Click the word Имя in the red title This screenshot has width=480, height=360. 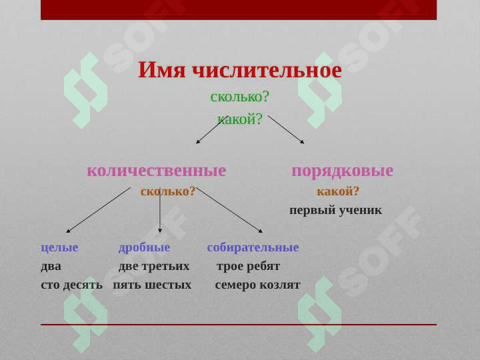(x=162, y=70)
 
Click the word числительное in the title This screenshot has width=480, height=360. (x=267, y=71)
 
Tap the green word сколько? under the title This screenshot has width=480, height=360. (x=239, y=97)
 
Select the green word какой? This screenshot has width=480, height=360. (x=240, y=119)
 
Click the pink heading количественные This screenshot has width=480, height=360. (x=157, y=171)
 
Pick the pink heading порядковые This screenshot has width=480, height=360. (x=343, y=171)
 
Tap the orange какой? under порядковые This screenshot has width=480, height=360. (x=337, y=191)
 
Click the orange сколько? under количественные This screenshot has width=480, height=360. (x=168, y=191)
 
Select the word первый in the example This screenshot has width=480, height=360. (x=308, y=211)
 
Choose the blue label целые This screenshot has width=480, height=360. (x=60, y=247)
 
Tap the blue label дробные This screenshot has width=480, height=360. (x=144, y=247)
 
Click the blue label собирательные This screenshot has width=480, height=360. (x=253, y=247)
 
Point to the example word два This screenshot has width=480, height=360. (x=51, y=267)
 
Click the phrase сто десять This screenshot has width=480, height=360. (x=71, y=285)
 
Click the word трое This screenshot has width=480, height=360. (x=229, y=267)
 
